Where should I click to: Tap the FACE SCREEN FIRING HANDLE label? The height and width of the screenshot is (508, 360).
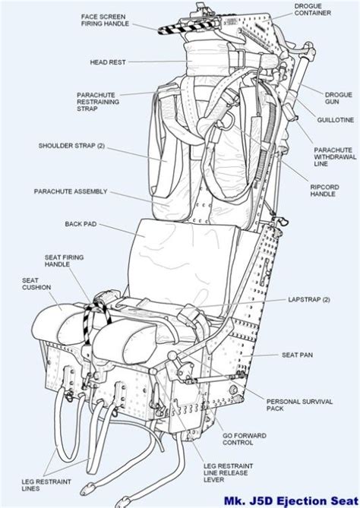[106, 19]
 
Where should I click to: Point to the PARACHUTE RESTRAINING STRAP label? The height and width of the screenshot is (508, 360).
[96, 103]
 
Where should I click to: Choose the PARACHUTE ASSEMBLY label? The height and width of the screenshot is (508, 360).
[71, 191]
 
